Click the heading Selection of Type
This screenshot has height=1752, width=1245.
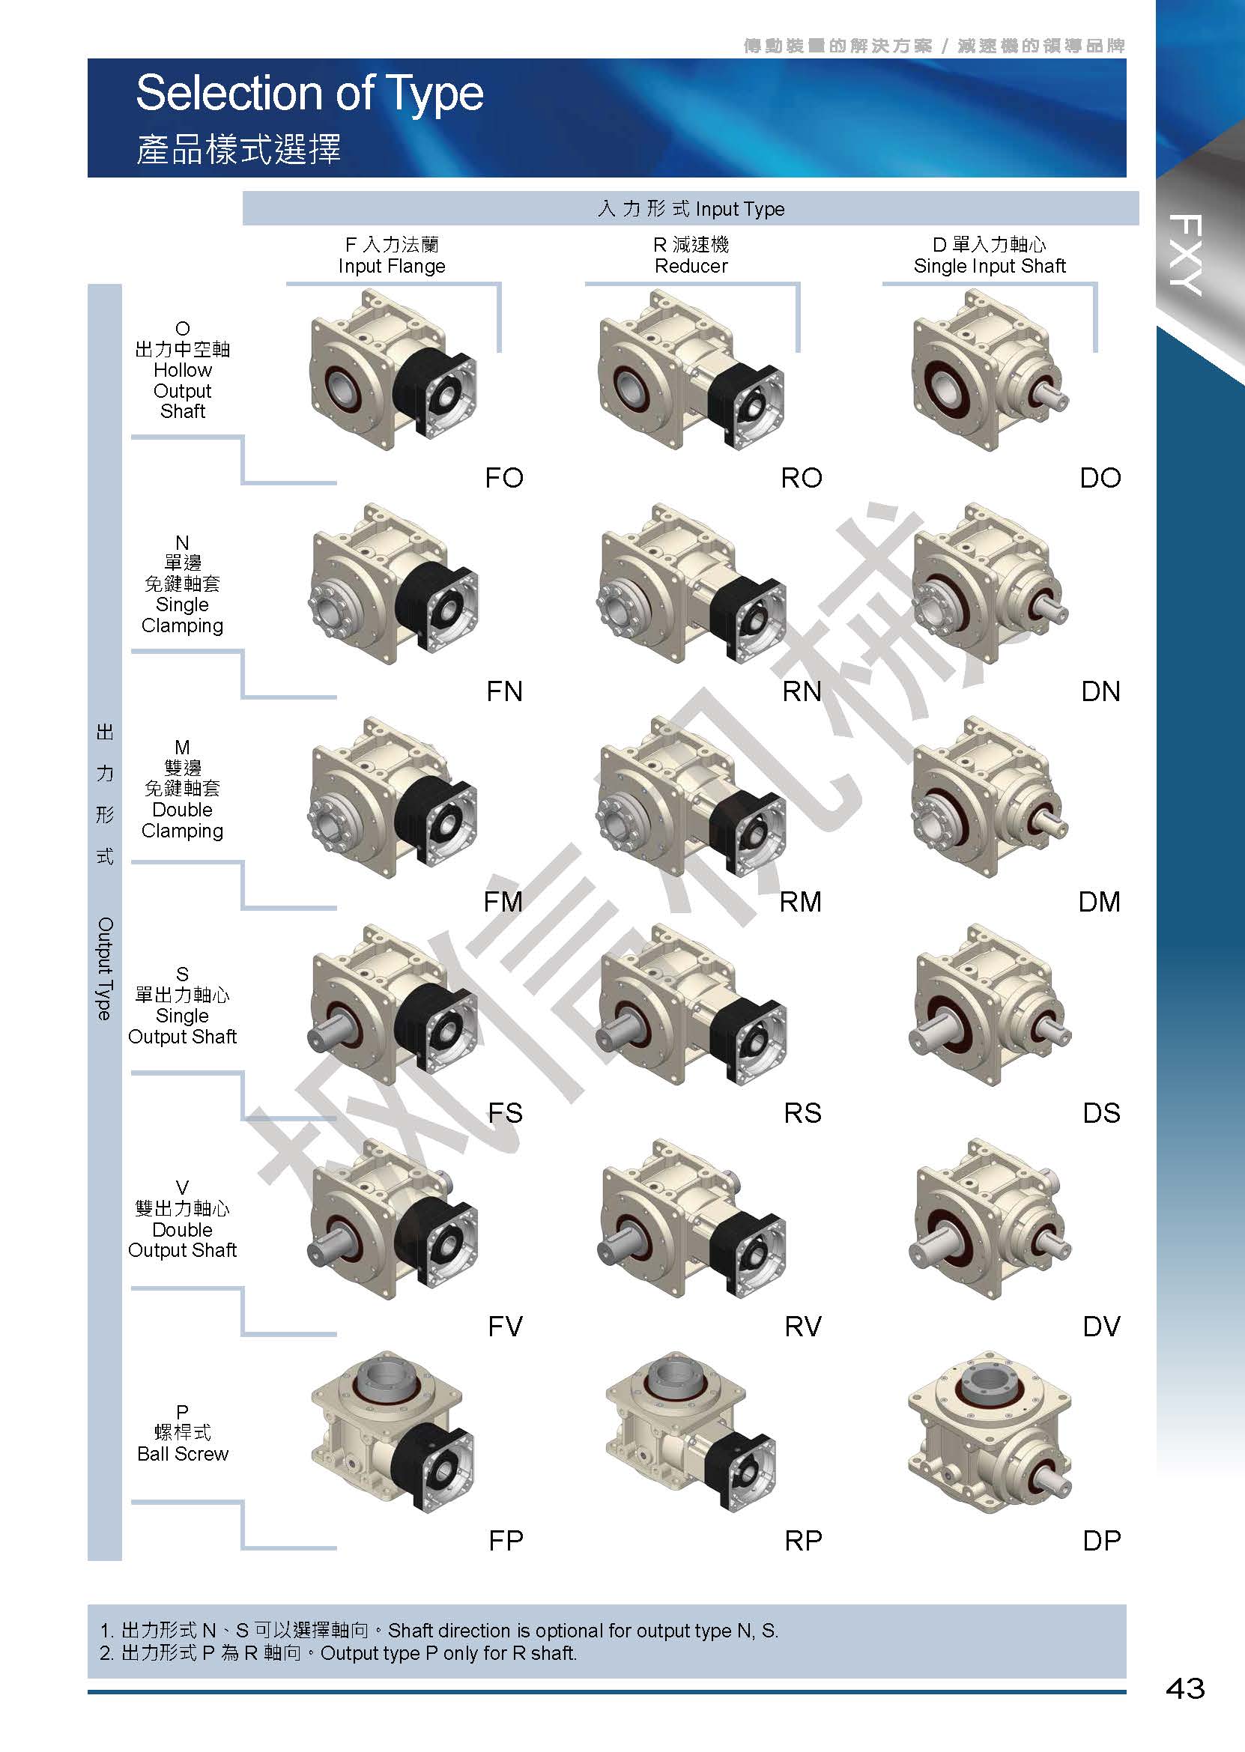tap(309, 94)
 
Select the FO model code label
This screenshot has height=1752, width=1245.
tap(503, 477)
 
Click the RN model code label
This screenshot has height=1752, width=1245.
tap(802, 691)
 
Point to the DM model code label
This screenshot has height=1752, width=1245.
tap(1100, 901)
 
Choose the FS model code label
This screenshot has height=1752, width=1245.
tap(505, 1113)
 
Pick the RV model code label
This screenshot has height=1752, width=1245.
tap(802, 1327)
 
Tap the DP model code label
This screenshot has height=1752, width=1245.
tap(1102, 1541)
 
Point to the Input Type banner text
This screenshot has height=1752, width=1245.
tap(691, 208)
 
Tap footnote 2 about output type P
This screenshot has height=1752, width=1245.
tap(338, 1653)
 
